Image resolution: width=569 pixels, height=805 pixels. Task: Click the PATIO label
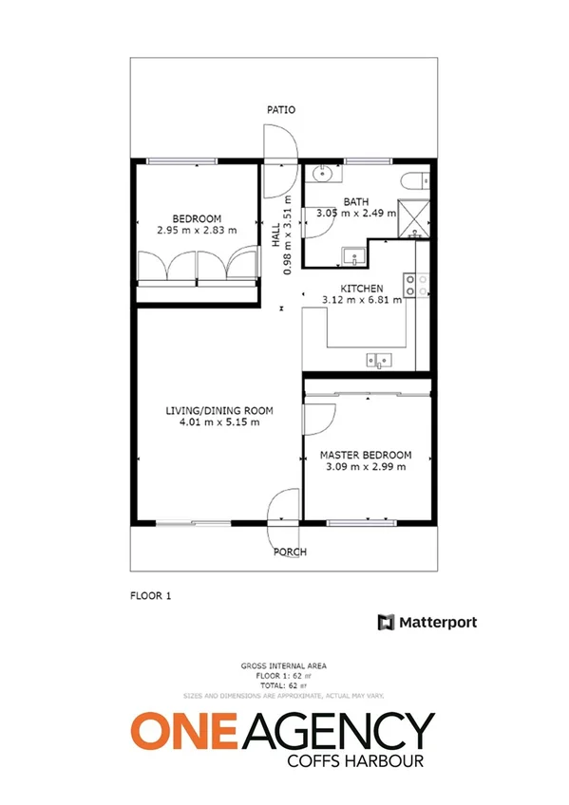click(281, 110)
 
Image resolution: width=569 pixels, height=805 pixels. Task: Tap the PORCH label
click(290, 552)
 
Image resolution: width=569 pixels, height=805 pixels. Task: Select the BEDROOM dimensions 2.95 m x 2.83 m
click(197, 229)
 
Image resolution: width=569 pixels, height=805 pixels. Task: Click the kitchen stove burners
click(415, 283)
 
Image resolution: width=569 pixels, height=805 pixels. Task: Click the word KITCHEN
click(362, 289)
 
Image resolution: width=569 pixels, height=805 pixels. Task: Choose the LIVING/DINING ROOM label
click(219, 411)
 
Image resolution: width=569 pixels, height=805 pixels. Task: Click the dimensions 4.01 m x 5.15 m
click(219, 423)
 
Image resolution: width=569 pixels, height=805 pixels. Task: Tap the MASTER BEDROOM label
click(365, 456)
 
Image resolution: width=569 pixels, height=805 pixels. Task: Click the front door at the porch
click(285, 509)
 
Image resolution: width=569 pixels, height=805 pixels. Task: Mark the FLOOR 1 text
click(149, 597)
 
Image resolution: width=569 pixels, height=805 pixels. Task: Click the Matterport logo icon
click(387, 623)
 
